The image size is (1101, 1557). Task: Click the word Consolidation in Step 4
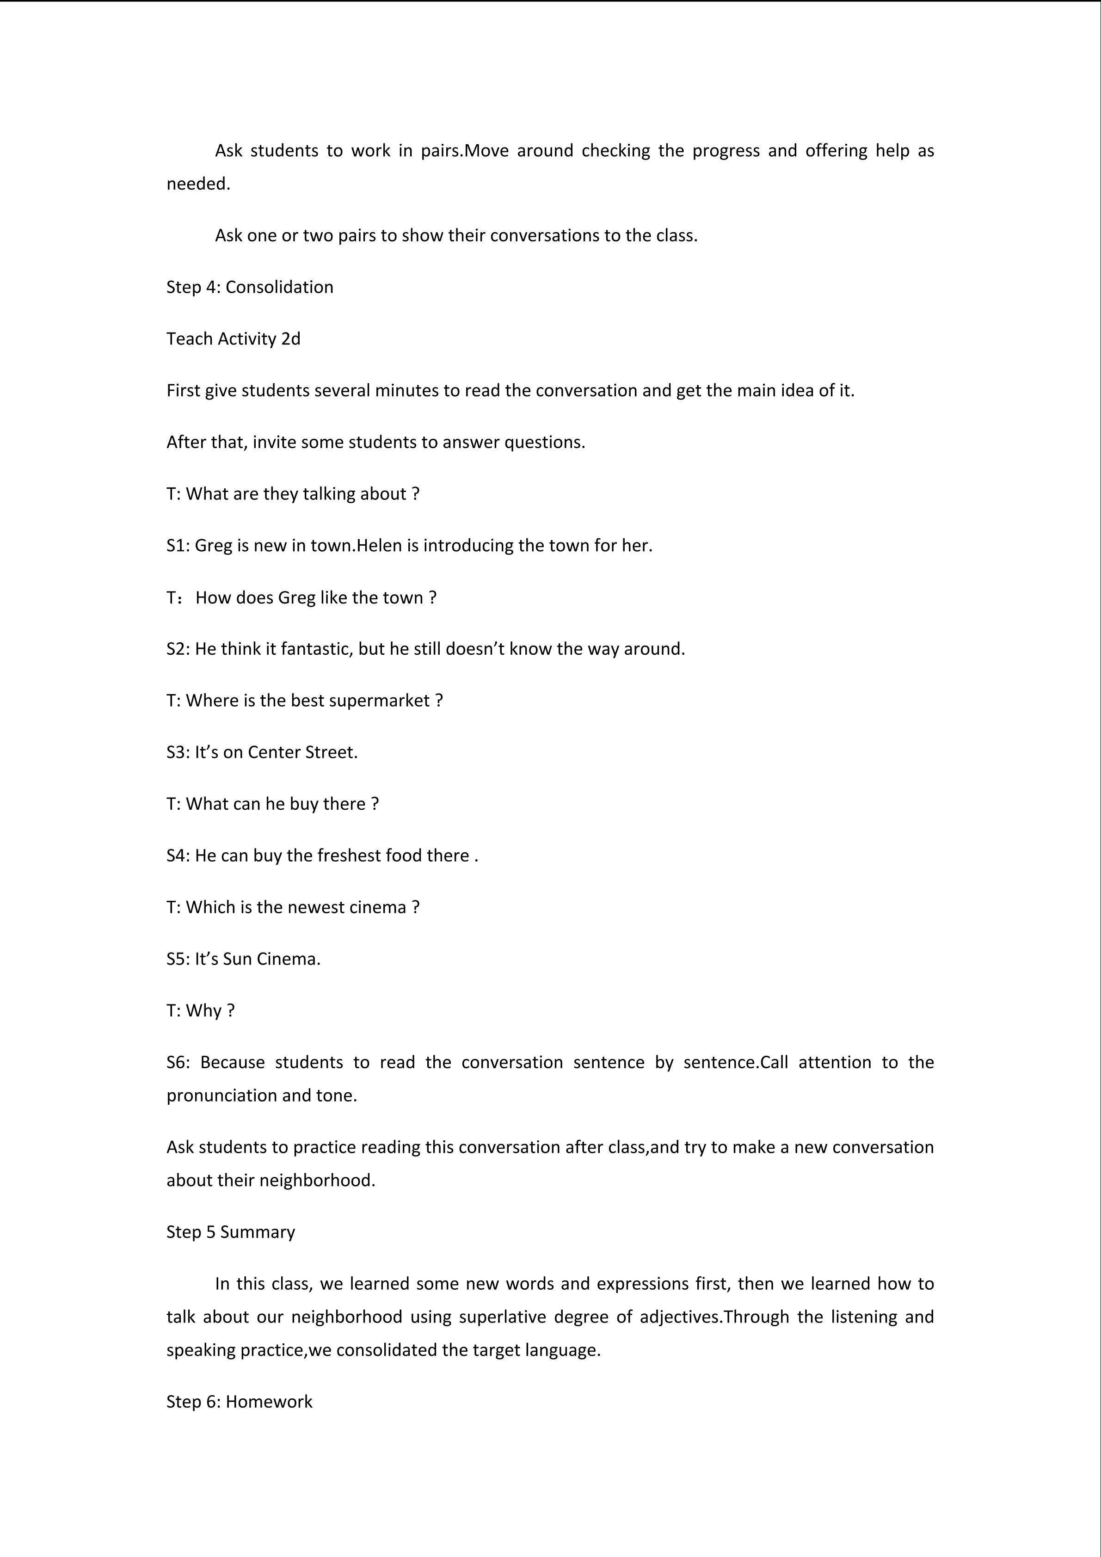pyautogui.click(x=279, y=287)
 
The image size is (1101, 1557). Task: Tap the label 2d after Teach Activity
pyautogui.click(x=291, y=338)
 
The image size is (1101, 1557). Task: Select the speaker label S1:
pyautogui.click(x=178, y=545)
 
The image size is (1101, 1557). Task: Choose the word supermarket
pyautogui.click(x=387, y=701)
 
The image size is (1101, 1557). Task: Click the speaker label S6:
pyautogui.click(x=178, y=1062)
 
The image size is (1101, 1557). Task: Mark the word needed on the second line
pyautogui.click(x=197, y=184)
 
